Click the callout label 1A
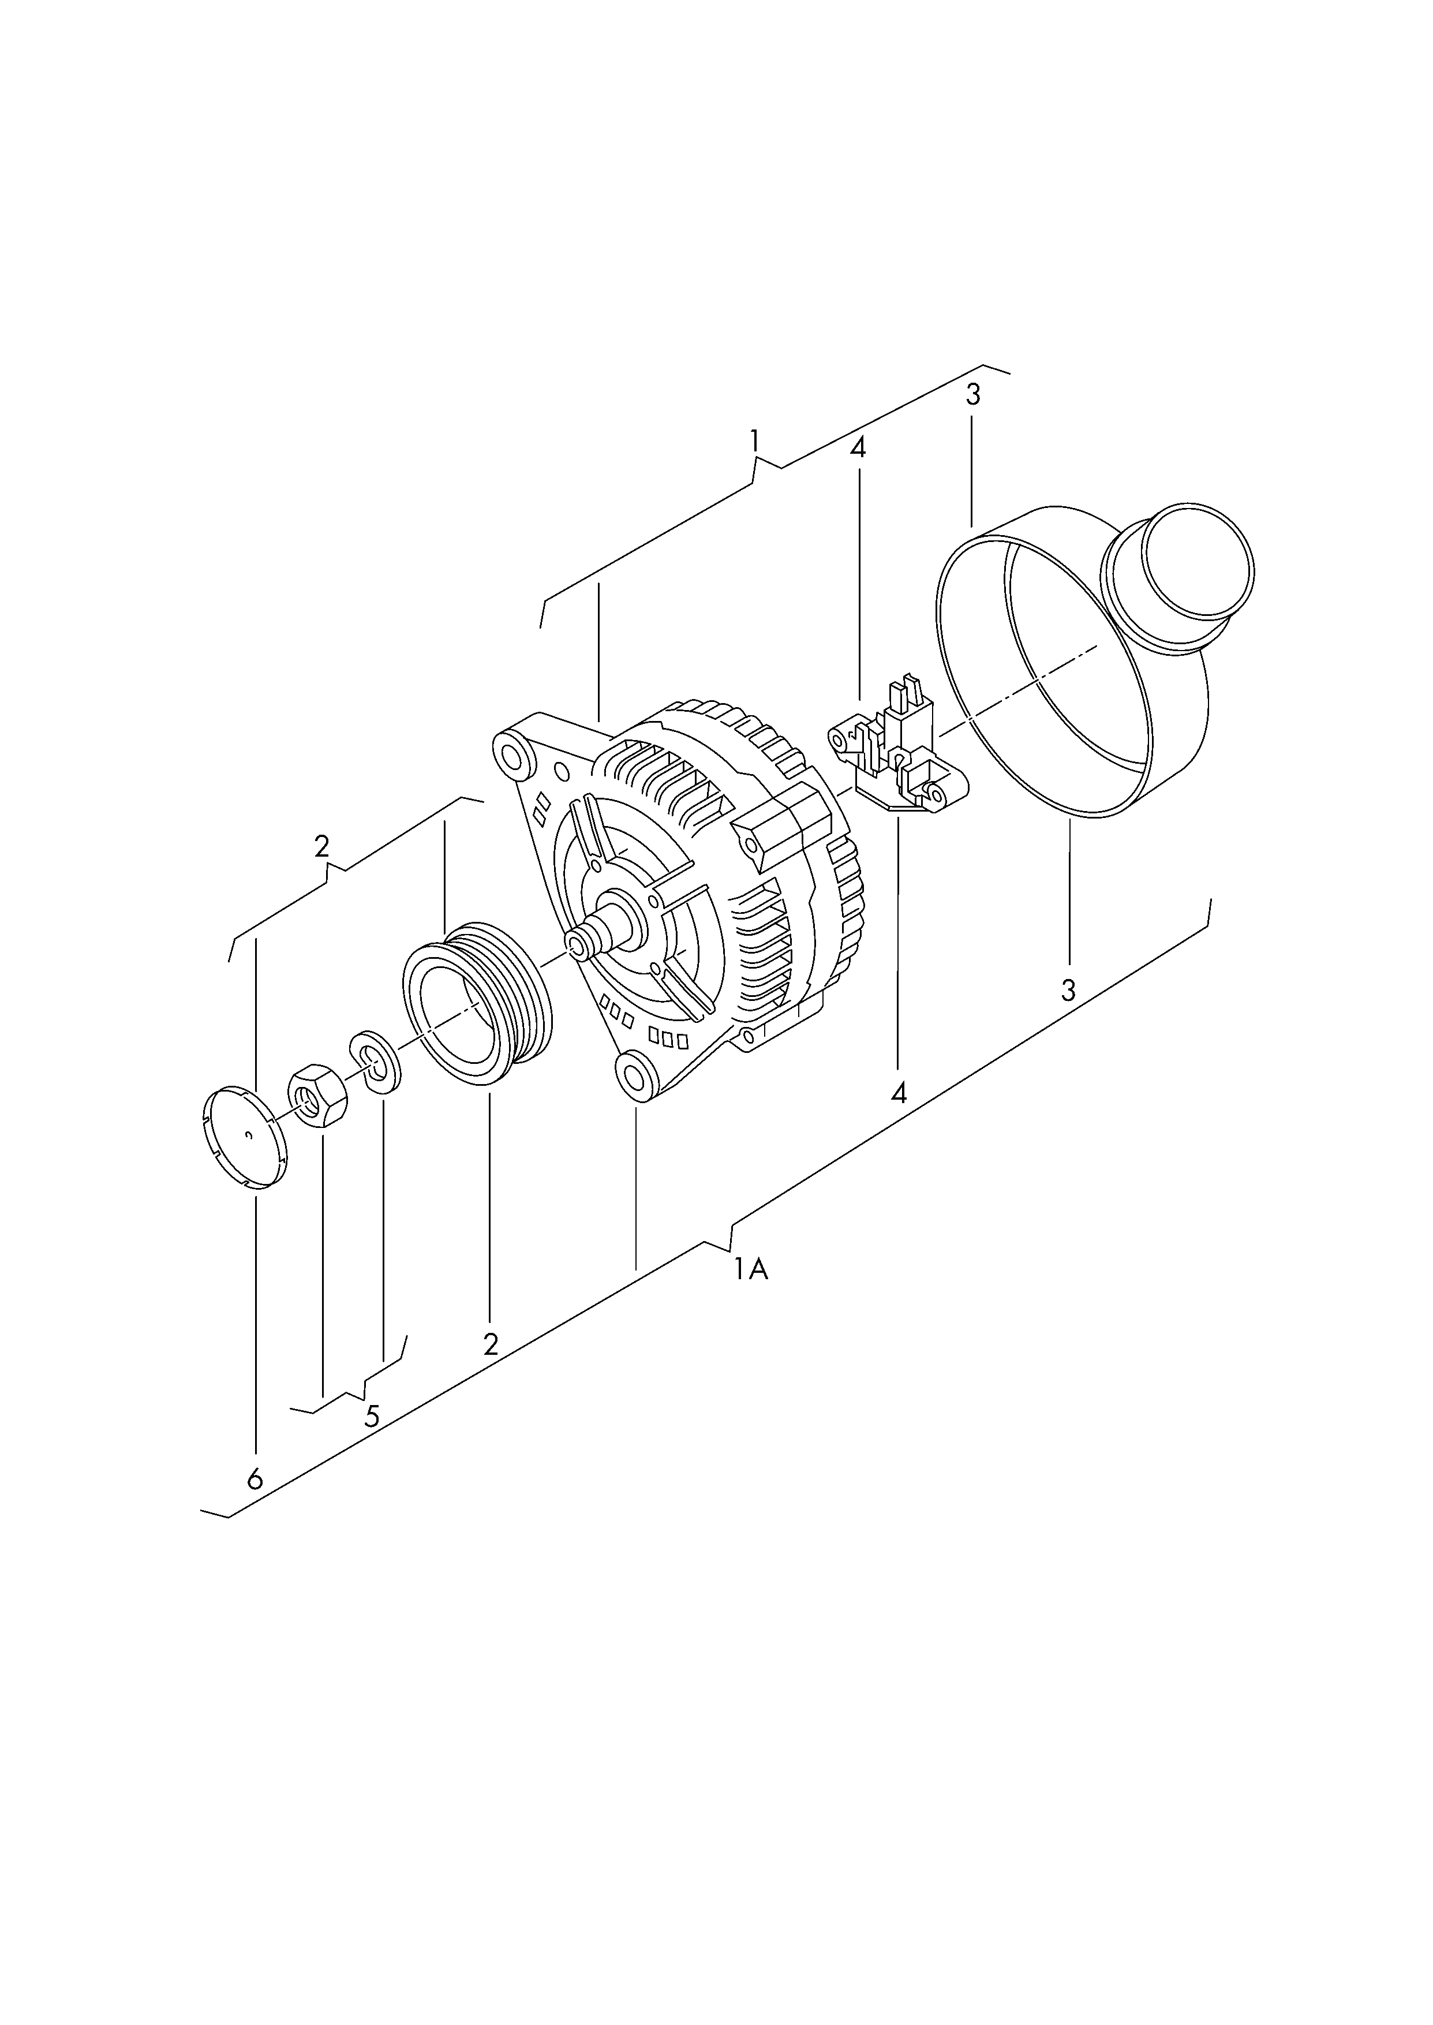(751, 1269)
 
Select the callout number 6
(255, 1479)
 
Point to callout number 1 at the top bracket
(754, 440)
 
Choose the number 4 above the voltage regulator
(858, 447)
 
